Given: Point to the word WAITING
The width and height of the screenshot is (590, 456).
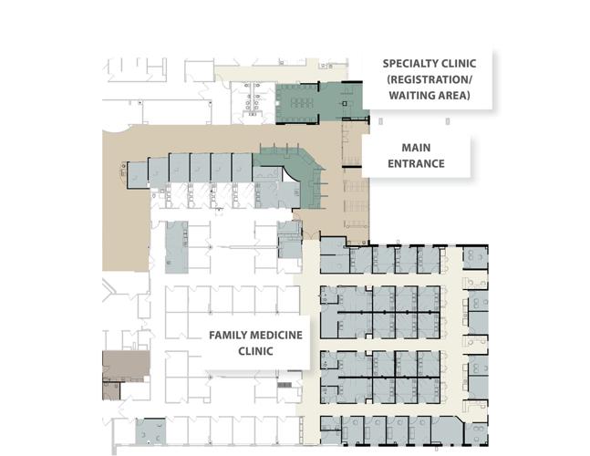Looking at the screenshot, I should (x=411, y=95).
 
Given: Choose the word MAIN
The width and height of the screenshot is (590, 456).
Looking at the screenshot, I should (x=416, y=148).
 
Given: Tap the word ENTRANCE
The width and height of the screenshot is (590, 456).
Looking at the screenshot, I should (x=416, y=164).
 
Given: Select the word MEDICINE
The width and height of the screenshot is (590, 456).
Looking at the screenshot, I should (x=276, y=335).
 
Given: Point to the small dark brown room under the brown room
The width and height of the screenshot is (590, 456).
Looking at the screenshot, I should (x=110, y=389).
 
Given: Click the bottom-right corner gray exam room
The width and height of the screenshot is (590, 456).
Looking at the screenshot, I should (x=475, y=430).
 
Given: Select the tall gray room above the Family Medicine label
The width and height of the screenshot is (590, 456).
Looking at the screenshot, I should (x=176, y=246).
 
